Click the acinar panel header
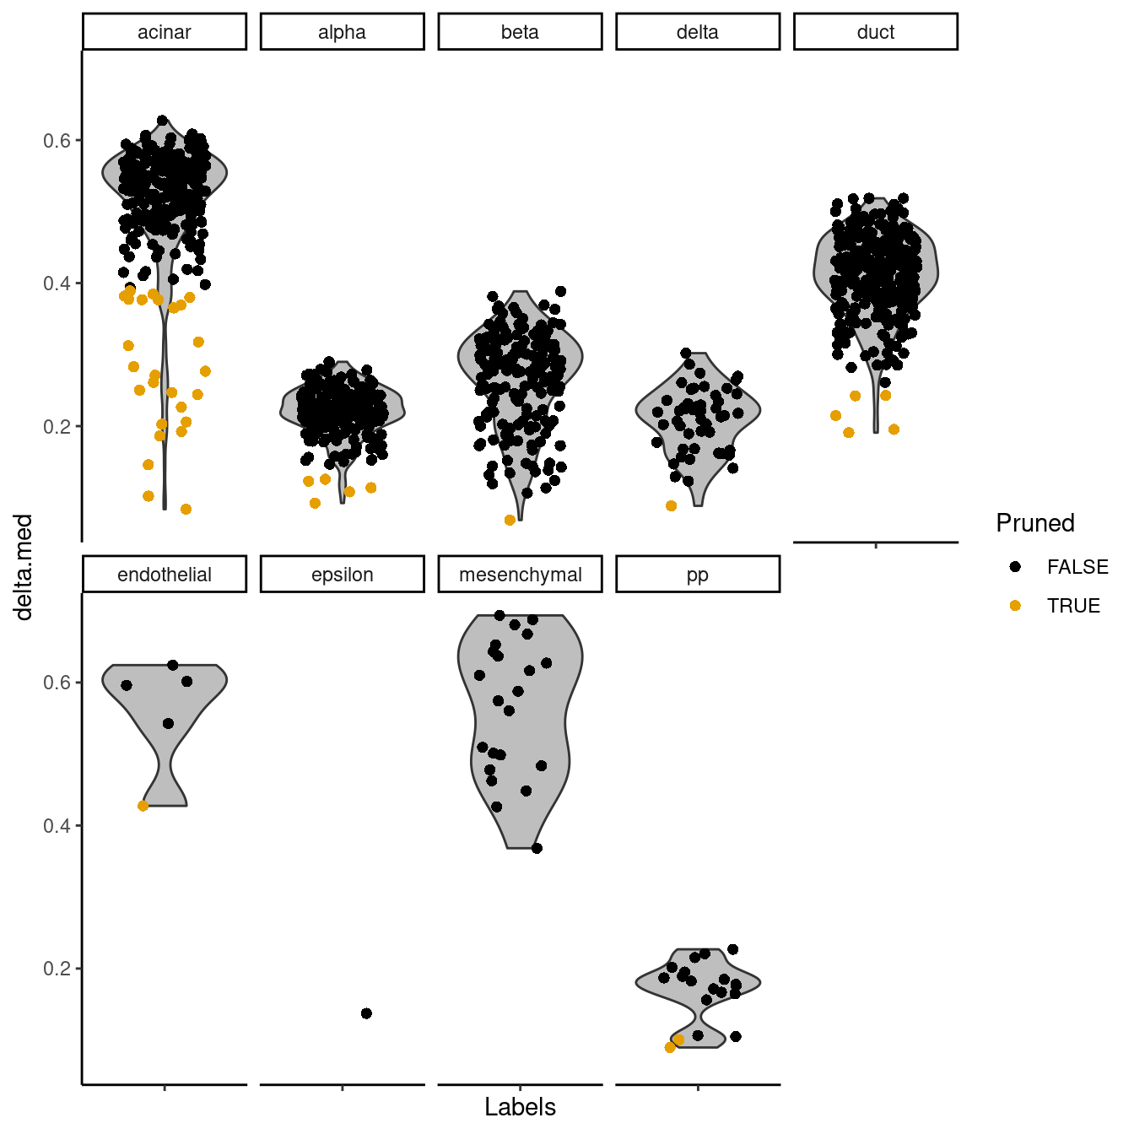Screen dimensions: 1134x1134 165,32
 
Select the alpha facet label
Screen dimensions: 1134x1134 342,32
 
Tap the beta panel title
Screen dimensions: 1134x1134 520,32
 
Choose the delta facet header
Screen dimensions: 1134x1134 698,32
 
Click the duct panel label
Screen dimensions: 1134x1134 876,32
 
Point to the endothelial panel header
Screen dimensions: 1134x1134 165,575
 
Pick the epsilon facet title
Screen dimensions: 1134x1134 342,575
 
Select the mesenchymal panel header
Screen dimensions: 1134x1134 520,575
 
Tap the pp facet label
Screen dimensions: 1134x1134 698,575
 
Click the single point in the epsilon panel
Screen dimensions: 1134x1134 366,1013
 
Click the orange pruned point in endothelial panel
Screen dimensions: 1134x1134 143,806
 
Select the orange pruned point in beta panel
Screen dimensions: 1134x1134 510,521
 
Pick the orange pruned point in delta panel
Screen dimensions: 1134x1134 672,506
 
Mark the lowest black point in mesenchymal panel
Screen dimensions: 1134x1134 537,848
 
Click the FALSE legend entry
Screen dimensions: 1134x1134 1077,567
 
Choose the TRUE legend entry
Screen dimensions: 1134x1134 1073,606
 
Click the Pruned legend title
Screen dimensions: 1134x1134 1035,523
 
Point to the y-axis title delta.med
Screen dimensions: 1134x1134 24,567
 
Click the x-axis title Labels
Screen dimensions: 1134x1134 520,1107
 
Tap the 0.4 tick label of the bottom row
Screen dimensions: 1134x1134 57,825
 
